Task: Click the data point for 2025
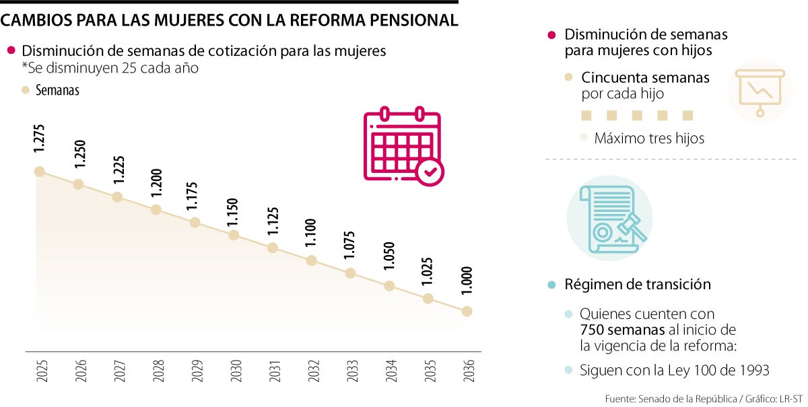(x=40, y=172)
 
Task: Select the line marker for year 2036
(x=467, y=311)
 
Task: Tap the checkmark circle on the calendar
(x=430, y=172)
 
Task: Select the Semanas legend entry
(x=57, y=90)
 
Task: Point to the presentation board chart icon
(x=760, y=91)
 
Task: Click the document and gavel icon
(x=609, y=219)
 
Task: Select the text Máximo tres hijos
(x=649, y=139)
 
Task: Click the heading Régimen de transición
(x=638, y=285)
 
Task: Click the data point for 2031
(x=273, y=248)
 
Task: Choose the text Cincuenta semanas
(x=645, y=77)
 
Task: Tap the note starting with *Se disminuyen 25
(x=110, y=68)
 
